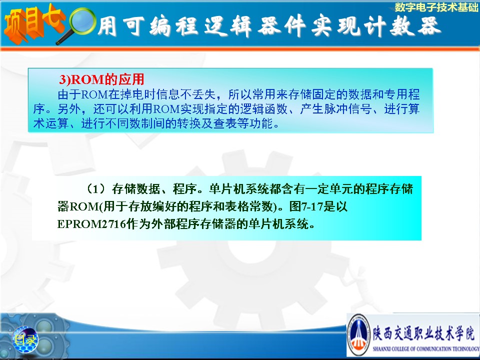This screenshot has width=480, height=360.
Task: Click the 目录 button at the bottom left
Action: point(25,339)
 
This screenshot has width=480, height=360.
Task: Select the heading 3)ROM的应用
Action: point(101,79)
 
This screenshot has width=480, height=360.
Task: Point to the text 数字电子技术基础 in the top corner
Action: point(436,7)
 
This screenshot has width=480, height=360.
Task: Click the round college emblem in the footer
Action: point(359,335)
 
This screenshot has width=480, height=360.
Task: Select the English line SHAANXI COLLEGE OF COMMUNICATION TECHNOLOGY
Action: point(426,348)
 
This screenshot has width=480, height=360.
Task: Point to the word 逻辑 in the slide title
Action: point(228,26)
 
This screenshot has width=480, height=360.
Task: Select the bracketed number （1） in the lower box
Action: point(96,189)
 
